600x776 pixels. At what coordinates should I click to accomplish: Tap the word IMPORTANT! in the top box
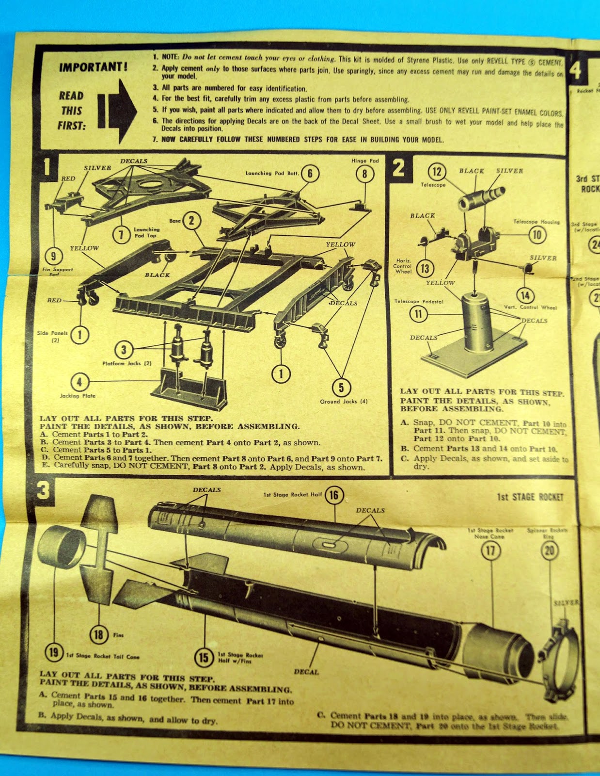point(94,67)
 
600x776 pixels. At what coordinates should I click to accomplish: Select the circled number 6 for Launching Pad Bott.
point(310,174)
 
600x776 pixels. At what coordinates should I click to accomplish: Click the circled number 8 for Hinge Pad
point(364,174)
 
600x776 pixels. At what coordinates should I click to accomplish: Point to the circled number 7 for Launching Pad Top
point(121,235)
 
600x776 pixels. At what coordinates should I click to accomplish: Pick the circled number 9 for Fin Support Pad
point(53,256)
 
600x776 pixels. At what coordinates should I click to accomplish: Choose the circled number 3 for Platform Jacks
point(124,349)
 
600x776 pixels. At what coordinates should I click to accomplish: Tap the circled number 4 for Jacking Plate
point(79,382)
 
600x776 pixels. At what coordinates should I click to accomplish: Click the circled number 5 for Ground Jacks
point(341,387)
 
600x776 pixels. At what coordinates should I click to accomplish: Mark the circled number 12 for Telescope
point(437,171)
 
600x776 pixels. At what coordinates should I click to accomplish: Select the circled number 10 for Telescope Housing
point(537,235)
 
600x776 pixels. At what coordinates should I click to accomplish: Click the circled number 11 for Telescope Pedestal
point(418,314)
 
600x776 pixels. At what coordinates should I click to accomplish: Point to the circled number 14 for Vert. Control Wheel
point(525,295)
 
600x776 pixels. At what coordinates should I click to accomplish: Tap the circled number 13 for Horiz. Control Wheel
point(425,268)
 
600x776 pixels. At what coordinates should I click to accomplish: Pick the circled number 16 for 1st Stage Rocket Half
point(334,495)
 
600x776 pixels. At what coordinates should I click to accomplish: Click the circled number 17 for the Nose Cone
point(490,550)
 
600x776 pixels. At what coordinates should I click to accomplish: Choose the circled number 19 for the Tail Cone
point(53,652)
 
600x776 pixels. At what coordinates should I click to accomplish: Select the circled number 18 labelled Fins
point(99,634)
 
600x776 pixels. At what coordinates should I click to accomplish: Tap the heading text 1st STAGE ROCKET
point(530,497)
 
